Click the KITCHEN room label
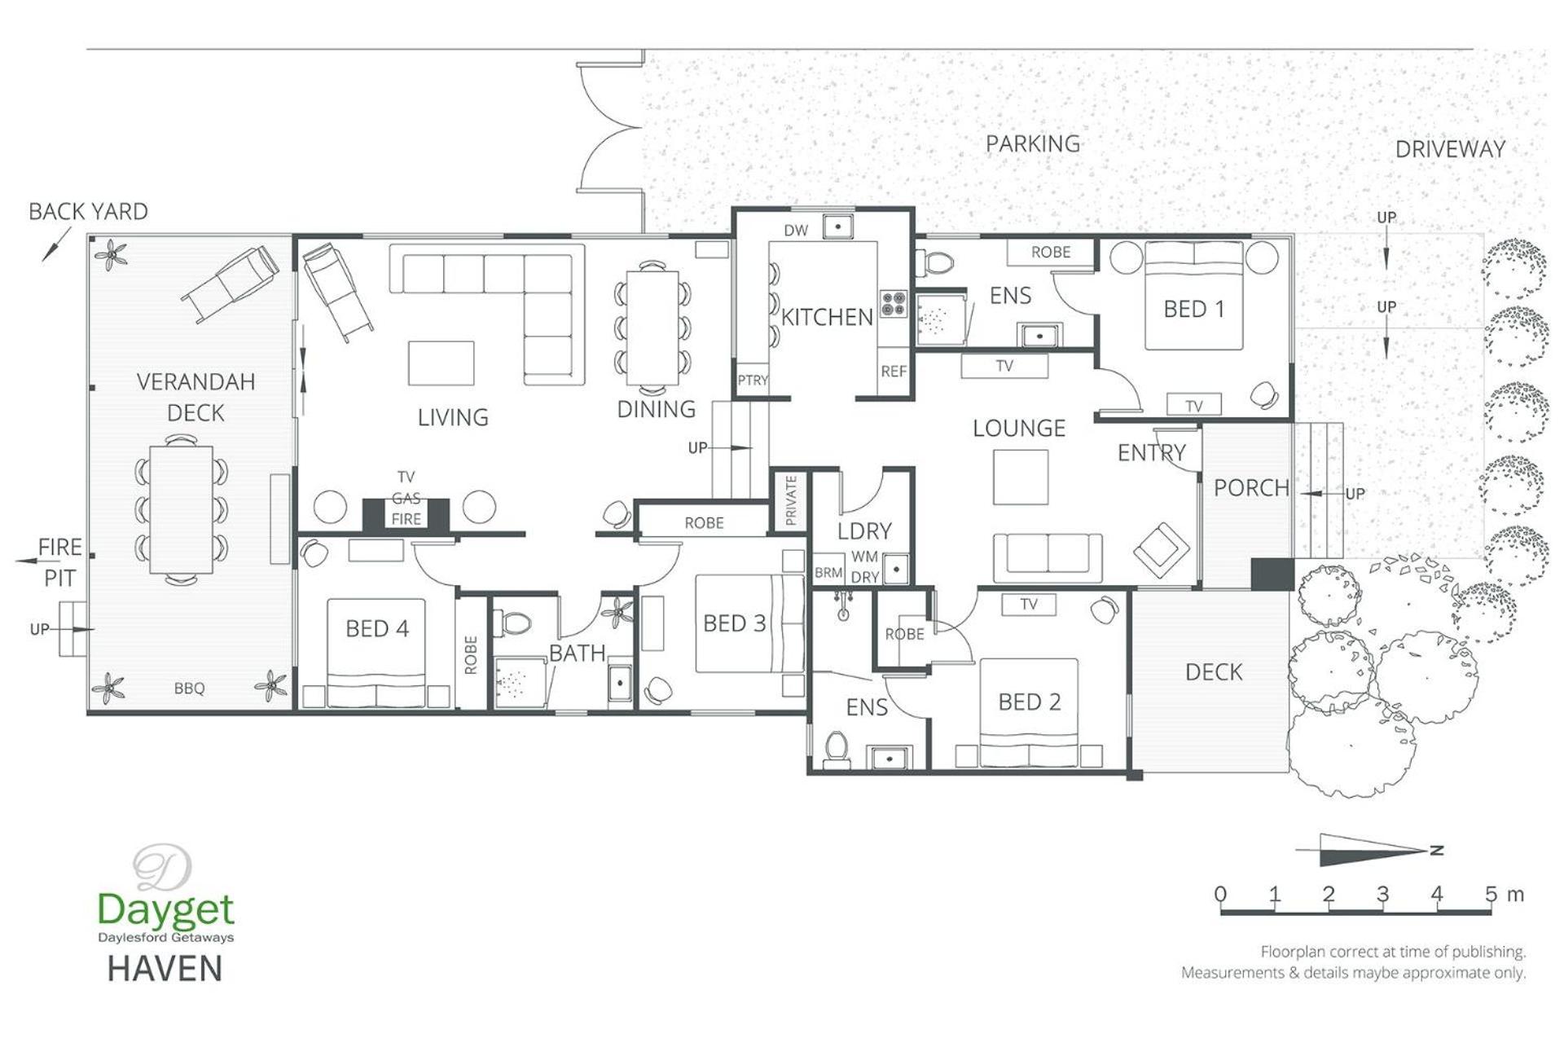click(827, 317)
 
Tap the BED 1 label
click(1194, 309)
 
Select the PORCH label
click(1251, 488)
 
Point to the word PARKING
click(1033, 143)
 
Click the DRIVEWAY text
click(1450, 149)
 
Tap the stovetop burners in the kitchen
click(894, 303)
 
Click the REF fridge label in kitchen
click(894, 372)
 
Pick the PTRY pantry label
click(753, 380)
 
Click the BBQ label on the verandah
click(189, 689)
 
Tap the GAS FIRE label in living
click(406, 508)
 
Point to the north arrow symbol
click(1369, 850)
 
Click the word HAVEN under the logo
click(165, 969)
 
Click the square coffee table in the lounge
click(1021, 477)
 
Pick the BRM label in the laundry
click(828, 573)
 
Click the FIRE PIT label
click(60, 562)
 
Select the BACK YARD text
click(88, 212)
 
